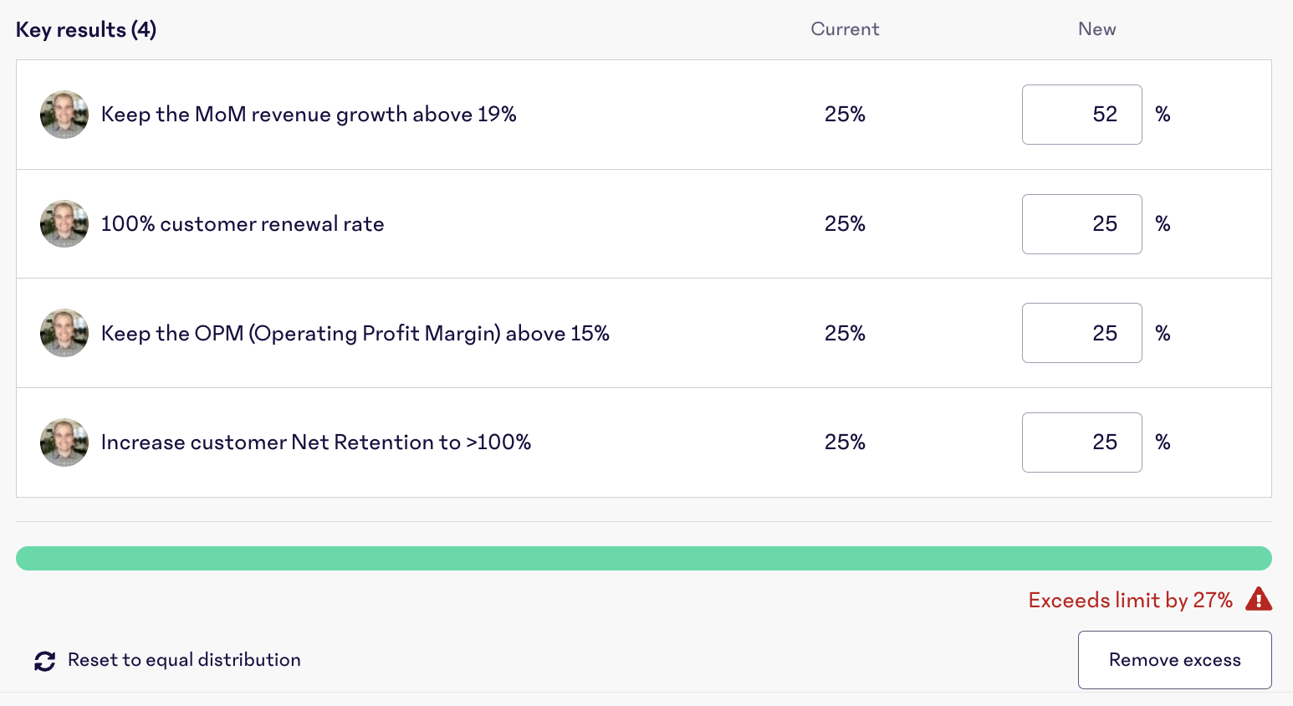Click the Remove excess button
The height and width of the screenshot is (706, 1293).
(1174, 660)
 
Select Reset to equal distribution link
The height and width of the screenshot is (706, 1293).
(184, 660)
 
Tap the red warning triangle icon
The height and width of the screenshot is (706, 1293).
(1259, 599)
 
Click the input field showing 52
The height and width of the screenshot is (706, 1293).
(1081, 115)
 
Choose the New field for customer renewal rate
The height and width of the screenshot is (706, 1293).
(1081, 224)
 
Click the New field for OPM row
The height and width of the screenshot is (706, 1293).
(1081, 333)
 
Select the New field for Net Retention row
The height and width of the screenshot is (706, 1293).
(1081, 443)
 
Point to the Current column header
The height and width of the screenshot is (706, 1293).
(845, 29)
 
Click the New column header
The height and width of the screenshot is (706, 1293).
(1096, 29)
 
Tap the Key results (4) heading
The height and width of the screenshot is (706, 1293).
(86, 30)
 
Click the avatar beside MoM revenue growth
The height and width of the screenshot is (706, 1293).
(64, 115)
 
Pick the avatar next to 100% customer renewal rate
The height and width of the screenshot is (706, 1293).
(64, 224)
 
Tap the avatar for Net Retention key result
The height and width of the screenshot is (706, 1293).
(64, 443)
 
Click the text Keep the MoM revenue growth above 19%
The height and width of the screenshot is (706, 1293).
(309, 115)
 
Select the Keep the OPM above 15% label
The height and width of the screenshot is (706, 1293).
(355, 333)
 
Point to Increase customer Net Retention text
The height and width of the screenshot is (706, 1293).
(315, 443)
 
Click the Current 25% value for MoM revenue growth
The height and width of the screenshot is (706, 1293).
(845, 115)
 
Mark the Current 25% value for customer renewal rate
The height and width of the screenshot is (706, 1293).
(845, 224)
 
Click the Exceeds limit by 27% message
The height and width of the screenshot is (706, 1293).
(1130, 600)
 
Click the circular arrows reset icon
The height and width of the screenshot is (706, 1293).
(45, 661)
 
